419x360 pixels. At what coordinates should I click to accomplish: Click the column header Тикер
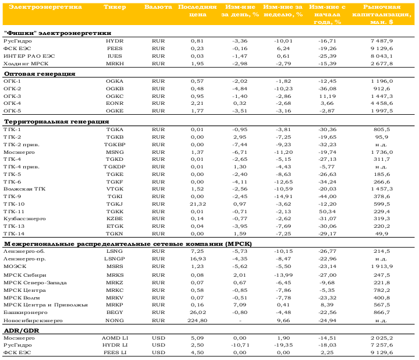[x=115, y=7]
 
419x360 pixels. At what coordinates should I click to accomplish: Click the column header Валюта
[x=158, y=7]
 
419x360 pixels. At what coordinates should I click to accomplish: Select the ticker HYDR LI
[x=115, y=345]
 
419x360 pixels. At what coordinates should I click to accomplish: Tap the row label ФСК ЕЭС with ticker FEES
[x=17, y=48]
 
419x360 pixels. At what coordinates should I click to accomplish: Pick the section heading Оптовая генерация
[x=40, y=74]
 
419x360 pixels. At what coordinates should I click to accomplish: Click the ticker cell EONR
[x=115, y=103]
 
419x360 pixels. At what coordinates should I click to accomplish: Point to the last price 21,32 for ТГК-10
[x=198, y=204]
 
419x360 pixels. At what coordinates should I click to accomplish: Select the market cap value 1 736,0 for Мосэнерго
[x=382, y=152]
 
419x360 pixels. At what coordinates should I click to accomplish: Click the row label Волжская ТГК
[x=24, y=189]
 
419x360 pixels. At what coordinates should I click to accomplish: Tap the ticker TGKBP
[x=115, y=144]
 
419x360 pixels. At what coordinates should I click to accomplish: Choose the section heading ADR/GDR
[x=22, y=330]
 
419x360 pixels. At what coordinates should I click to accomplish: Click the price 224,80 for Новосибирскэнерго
[x=197, y=320]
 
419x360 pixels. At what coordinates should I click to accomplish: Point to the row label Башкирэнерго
[x=26, y=312]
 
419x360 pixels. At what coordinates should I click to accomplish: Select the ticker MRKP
[x=115, y=305]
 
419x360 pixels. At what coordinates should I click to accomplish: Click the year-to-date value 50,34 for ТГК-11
[x=327, y=211]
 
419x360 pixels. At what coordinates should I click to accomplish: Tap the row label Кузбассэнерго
[x=24, y=219]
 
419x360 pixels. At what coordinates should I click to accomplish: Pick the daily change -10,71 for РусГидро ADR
[x=240, y=345]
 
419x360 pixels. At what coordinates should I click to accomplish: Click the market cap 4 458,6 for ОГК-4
[x=382, y=103]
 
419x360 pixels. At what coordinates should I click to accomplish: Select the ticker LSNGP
[x=115, y=259]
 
